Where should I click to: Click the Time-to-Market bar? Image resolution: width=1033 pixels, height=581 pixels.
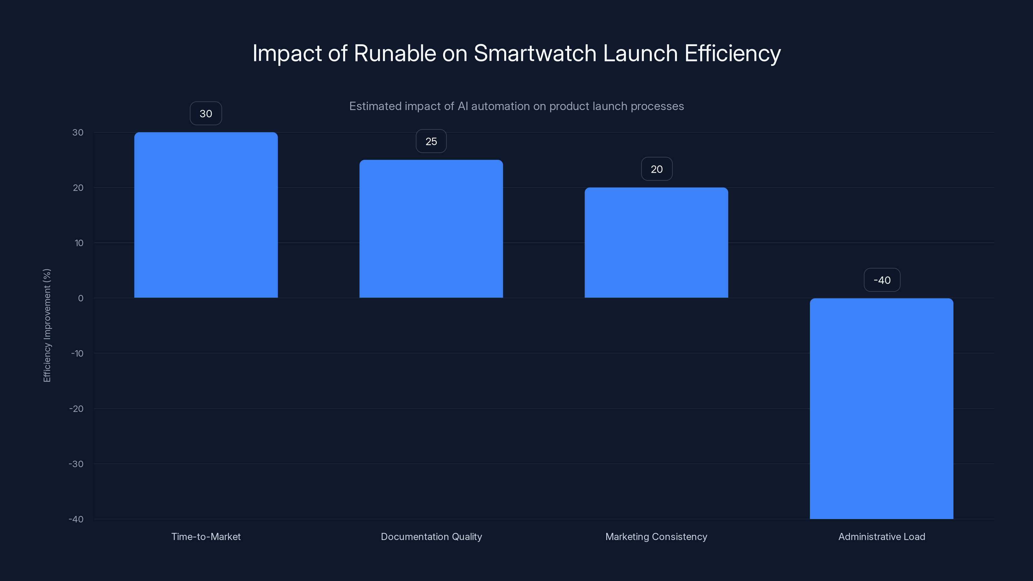206,215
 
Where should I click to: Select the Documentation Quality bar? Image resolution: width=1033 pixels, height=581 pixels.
431,229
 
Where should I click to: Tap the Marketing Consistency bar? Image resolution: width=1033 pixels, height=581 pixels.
656,243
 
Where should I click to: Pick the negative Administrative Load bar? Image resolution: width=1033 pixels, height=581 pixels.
881,408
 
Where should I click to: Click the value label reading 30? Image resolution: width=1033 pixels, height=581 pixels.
206,114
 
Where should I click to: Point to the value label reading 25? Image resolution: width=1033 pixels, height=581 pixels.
431,141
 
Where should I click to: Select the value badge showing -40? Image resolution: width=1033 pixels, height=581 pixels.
882,280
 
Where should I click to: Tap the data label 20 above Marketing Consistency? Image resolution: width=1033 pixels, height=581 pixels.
657,169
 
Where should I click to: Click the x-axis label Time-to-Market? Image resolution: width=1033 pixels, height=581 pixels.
206,536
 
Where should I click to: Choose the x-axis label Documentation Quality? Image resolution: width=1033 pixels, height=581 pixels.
431,536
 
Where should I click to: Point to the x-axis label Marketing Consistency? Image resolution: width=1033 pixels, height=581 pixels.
656,536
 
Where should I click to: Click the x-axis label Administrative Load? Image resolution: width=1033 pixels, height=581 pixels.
881,536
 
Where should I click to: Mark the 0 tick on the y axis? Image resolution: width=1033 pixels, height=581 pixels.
81,298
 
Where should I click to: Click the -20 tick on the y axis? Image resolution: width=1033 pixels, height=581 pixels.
76,409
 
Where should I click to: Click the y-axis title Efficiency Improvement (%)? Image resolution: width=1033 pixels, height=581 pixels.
47,325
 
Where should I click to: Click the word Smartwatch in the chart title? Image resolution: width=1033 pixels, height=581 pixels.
535,53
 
